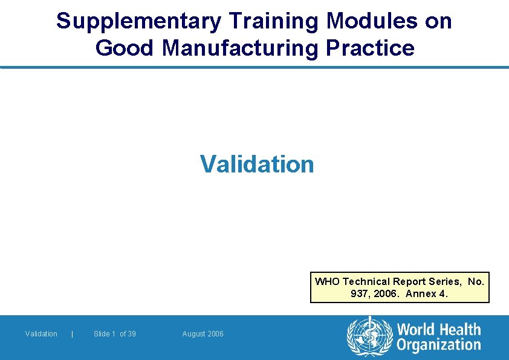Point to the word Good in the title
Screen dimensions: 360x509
[x=125, y=48]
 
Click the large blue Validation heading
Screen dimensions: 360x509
[x=257, y=164]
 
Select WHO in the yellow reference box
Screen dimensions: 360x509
[x=328, y=281]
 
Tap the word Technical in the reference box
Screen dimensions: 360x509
[x=366, y=281]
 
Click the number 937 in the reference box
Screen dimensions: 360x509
[x=358, y=294]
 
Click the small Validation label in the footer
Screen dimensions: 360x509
[x=41, y=334]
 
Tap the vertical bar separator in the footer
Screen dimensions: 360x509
[x=73, y=334]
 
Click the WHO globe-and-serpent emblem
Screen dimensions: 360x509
[x=369, y=336]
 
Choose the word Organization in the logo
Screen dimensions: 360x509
[x=438, y=345]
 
